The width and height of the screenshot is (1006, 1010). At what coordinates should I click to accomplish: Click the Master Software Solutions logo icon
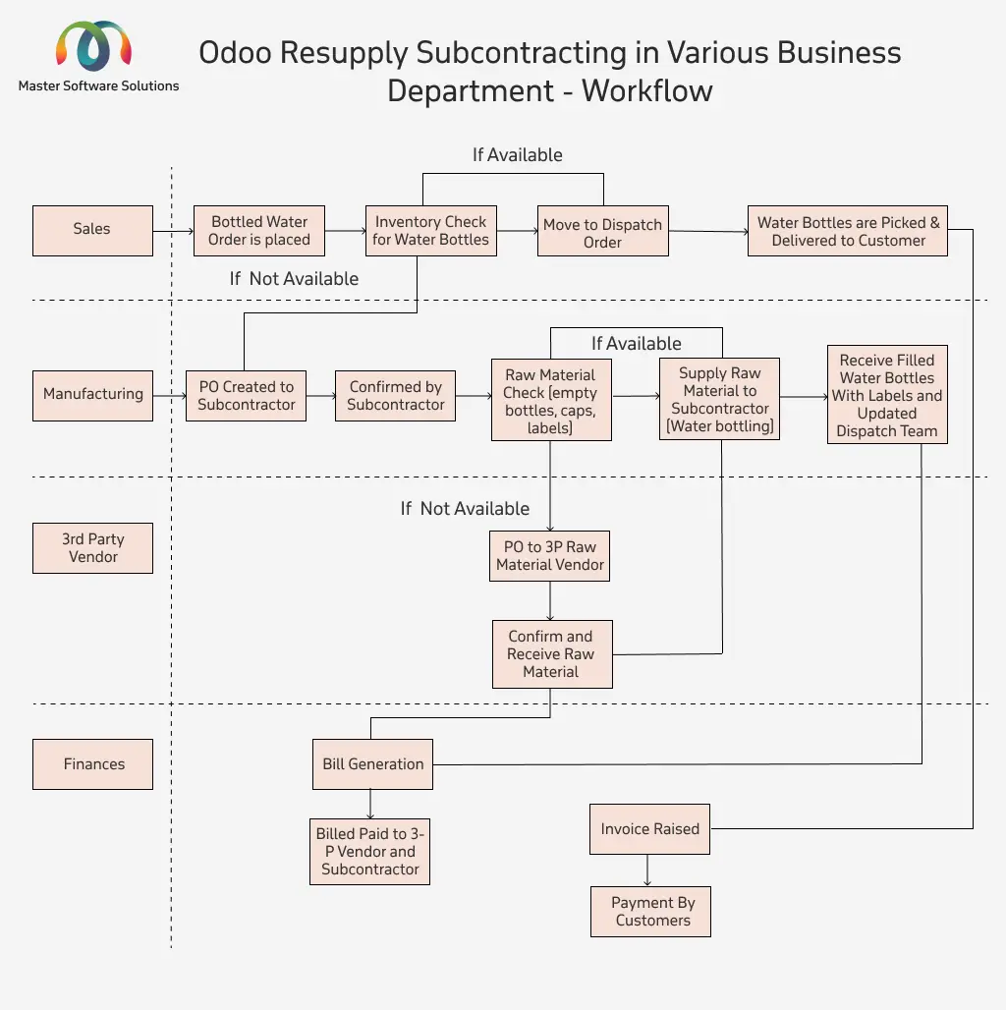(94, 45)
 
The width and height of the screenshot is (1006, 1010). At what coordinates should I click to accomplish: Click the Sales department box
(92, 231)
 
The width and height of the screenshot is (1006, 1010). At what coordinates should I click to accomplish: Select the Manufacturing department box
(92, 396)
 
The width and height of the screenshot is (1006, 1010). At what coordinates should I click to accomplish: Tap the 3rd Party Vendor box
(92, 548)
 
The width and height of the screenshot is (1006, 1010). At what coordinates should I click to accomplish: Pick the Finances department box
(92, 764)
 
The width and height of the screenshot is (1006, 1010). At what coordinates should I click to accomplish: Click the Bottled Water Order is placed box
(259, 231)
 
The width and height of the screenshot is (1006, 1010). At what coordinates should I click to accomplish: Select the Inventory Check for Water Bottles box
(431, 231)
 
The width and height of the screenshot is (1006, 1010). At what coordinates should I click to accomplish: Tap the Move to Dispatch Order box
(603, 231)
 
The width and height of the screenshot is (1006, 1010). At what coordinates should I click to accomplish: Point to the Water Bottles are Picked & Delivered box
(848, 231)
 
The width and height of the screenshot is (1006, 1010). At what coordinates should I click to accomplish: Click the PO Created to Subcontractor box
(246, 396)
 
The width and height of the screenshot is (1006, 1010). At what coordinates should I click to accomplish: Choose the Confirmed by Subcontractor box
(396, 396)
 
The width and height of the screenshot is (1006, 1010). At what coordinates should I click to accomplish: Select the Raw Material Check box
(551, 400)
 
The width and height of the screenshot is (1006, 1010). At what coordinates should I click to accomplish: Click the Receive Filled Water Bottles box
(887, 394)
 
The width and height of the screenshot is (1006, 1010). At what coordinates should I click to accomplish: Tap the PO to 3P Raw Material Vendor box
(549, 556)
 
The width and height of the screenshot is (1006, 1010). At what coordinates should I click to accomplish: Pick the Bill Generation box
(373, 764)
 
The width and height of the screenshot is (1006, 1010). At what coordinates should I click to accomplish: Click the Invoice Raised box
(649, 829)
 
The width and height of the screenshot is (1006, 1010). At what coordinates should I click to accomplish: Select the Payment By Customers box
(651, 912)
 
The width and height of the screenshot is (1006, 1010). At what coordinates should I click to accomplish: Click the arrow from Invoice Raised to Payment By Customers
(647, 870)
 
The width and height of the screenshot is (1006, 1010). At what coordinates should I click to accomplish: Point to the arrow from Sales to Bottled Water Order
(173, 231)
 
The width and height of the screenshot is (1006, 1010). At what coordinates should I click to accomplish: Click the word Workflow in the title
(647, 90)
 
